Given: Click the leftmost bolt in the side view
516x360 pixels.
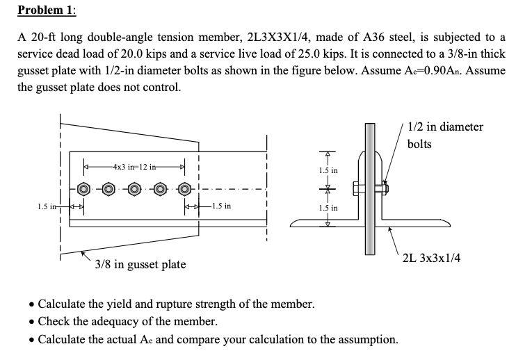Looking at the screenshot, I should [x=84, y=188].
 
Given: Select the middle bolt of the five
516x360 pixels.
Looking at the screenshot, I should [x=134, y=188].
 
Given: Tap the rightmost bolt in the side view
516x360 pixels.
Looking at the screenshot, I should [x=184, y=188].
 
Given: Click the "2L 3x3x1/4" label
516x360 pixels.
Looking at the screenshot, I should [x=431, y=259].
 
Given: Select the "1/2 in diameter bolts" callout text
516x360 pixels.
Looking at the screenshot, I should [x=444, y=135].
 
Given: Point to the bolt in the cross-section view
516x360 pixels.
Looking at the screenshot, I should [x=370, y=188].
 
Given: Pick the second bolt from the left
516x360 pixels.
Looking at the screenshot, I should [x=109, y=188].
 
